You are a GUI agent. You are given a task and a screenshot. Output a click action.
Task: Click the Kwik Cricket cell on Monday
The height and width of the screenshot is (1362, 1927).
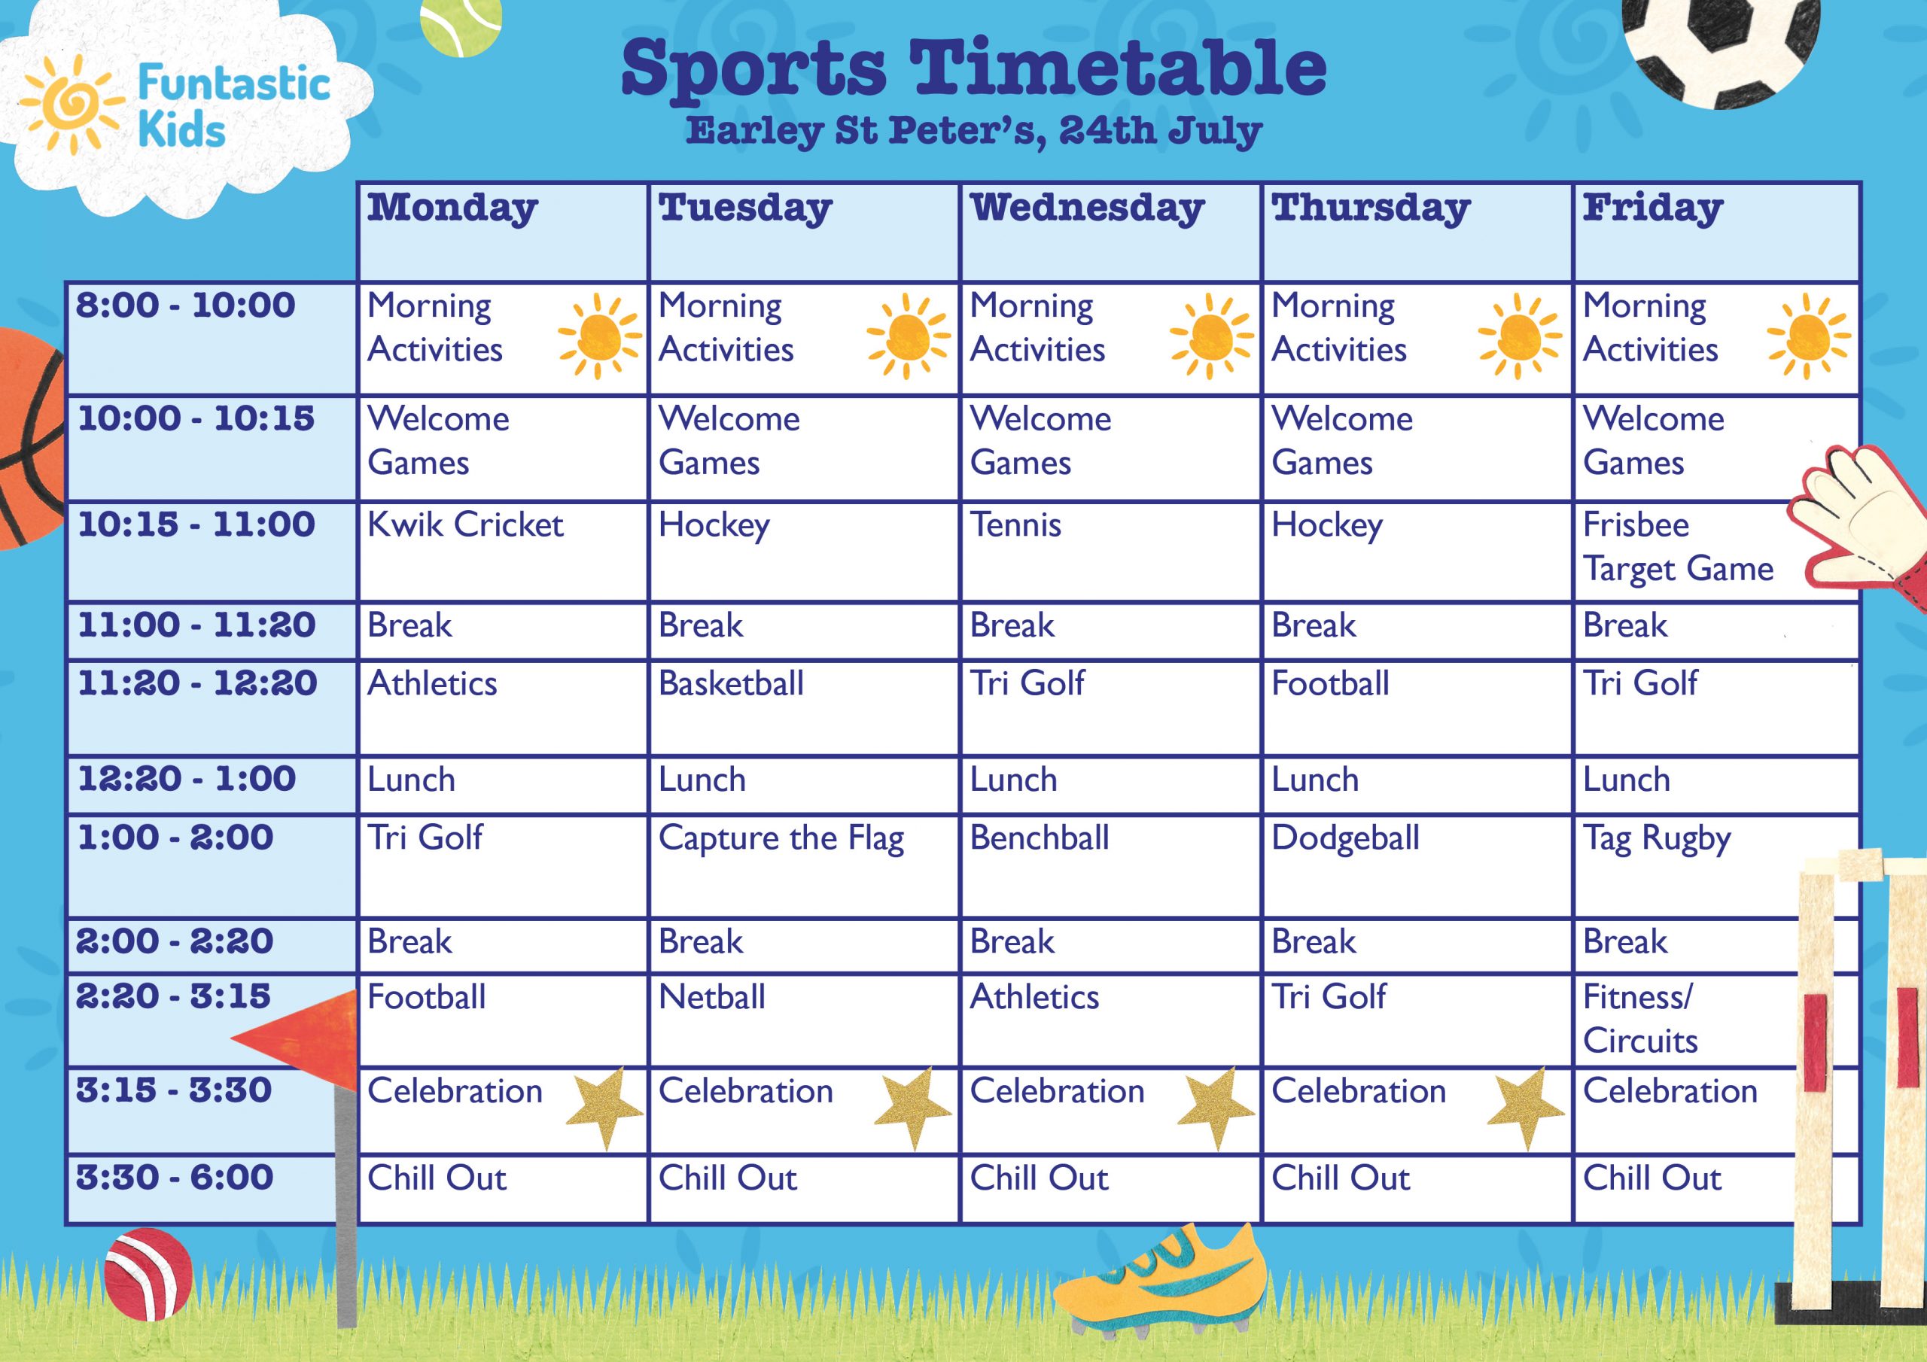pos(503,552)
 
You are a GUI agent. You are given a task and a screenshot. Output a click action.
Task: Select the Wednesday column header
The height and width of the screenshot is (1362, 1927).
pos(1110,232)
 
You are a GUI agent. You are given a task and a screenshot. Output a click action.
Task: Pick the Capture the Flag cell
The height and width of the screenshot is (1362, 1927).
pos(803,865)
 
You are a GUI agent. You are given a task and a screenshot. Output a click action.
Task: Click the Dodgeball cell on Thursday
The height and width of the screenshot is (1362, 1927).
pos(1416,865)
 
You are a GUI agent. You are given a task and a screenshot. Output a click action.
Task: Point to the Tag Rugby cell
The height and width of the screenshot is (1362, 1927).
pos(1716,865)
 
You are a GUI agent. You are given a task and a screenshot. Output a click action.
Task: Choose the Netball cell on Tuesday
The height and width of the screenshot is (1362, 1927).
pos(803,1020)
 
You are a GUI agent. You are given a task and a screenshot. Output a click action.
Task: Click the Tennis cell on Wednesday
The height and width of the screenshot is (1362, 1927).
pos(1110,552)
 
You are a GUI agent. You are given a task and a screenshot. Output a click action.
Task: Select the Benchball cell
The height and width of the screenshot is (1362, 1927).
pos(1110,865)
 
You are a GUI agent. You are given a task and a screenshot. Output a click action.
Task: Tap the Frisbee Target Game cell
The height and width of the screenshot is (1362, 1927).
pos(1716,552)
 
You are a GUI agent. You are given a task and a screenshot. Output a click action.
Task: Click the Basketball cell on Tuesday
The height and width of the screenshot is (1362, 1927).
pos(803,707)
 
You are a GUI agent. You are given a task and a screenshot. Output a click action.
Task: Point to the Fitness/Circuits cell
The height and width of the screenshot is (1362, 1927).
pos(1716,1020)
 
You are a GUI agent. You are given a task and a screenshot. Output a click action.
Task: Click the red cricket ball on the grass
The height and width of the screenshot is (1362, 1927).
pos(148,1274)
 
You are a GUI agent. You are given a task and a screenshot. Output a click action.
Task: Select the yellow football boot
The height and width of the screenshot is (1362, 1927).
pos(1159,1281)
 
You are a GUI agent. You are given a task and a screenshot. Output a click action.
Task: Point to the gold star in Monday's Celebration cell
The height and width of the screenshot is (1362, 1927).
pos(605,1107)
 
